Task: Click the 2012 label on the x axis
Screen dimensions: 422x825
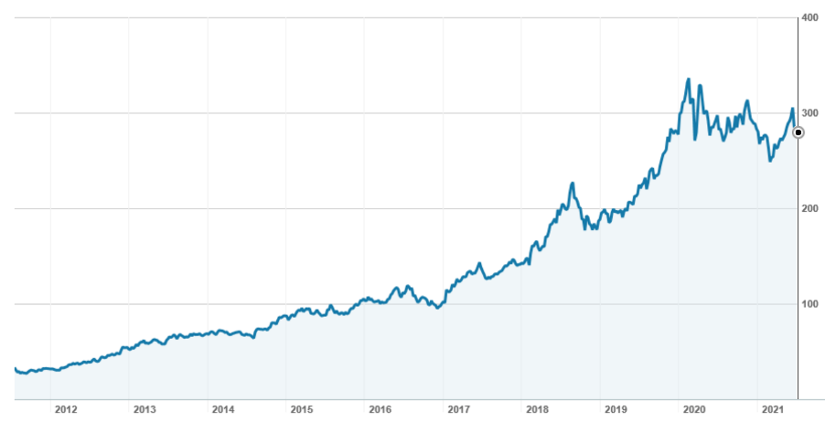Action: [x=65, y=408]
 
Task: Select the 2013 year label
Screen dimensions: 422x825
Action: [x=144, y=408]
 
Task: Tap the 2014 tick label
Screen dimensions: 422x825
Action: [x=222, y=408]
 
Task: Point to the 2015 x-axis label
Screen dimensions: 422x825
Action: [x=301, y=408]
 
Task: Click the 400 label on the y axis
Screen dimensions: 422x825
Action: [x=809, y=17]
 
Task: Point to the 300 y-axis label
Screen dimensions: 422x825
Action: [x=809, y=113]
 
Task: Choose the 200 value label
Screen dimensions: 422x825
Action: [x=809, y=208]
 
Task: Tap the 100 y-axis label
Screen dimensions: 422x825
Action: [x=809, y=304]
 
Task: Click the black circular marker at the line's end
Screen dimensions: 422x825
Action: [x=798, y=132]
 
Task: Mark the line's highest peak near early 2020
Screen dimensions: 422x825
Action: [x=688, y=79]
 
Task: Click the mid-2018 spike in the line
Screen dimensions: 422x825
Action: [x=573, y=184]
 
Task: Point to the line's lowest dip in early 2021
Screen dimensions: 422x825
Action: [x=770, y=161]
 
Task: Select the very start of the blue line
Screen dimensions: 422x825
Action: [x=15, y=368]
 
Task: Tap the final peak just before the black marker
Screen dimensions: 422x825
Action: [x=792, y=110]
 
